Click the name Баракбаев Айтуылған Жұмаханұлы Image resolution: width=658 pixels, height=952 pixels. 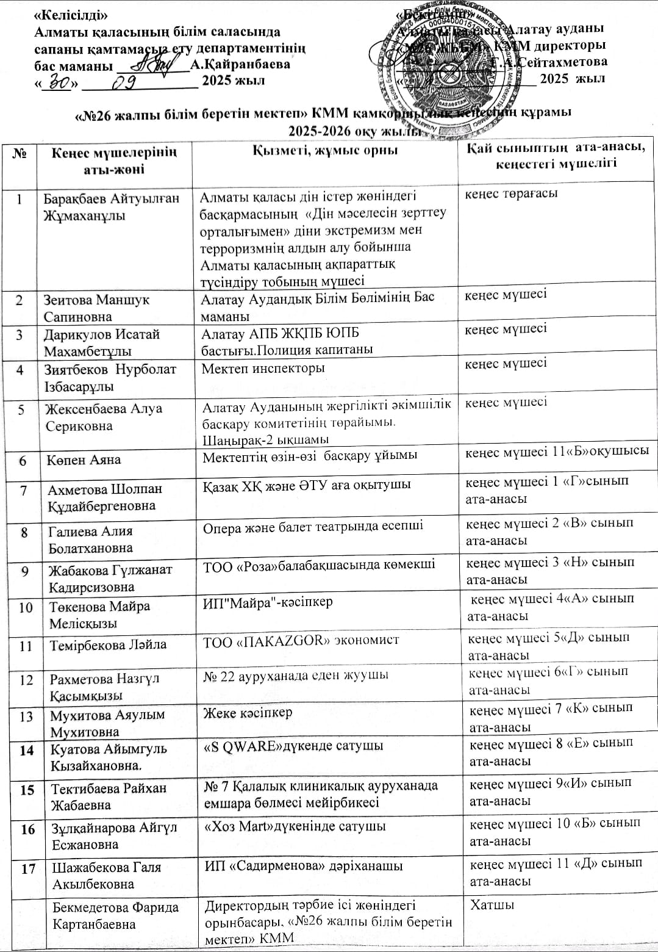[111, 207]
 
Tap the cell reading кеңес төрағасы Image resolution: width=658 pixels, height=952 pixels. [512, 194]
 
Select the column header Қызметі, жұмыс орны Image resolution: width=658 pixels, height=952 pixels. [325, 151]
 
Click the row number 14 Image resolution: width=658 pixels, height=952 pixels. [26, 751]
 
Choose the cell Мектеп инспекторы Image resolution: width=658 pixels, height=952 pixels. [263, 369]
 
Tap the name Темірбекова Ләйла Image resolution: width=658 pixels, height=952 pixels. [109, 645]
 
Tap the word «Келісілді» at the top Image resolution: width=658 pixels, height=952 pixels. [72, 15]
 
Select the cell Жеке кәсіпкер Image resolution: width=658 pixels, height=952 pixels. [248, 712]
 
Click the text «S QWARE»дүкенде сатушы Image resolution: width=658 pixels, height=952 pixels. [293, 746]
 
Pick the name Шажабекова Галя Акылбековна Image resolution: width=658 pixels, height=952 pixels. [106, 875]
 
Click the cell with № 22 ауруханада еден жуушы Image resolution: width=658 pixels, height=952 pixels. [296, 675]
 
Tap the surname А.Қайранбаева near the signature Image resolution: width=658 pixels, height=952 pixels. [240, 64]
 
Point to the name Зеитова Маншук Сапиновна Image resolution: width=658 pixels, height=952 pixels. [96, 308]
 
